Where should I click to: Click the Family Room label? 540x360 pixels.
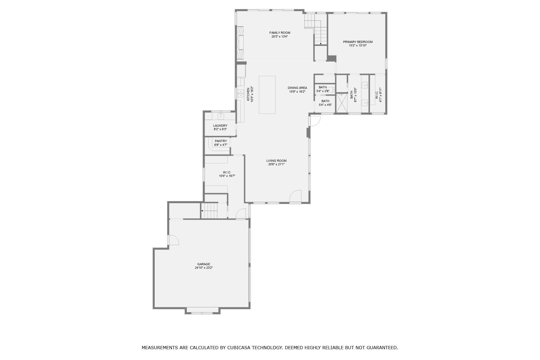click(x=280, y=33)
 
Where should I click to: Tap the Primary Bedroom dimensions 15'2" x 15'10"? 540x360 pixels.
click(x=357, y=46)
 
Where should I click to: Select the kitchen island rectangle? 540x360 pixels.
click(x=267, y=95)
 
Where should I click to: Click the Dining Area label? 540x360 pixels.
click(x=297, y=88)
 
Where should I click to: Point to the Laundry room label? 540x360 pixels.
click(x=220, y=126)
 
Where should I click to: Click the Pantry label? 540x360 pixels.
click(x=221, y=141)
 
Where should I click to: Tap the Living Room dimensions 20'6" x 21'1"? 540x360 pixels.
click(x=276, y=164)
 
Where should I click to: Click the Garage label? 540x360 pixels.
click(x=204, y=264)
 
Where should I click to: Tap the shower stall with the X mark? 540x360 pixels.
click(x=341, y=103)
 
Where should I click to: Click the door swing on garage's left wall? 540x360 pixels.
click(x=174, y=240)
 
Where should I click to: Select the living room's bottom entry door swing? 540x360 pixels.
click(x=295, y=196)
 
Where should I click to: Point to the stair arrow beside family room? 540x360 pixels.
click(x=320, y=43)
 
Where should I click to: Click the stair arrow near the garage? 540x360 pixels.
click(x=202, y=211)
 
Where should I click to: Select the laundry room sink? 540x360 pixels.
click(x=221, y=116)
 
